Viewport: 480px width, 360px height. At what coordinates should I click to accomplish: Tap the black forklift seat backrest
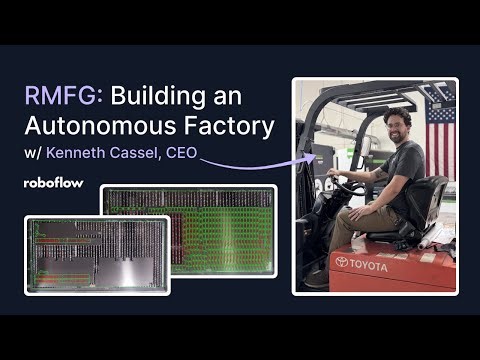[x=434, y=204]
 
